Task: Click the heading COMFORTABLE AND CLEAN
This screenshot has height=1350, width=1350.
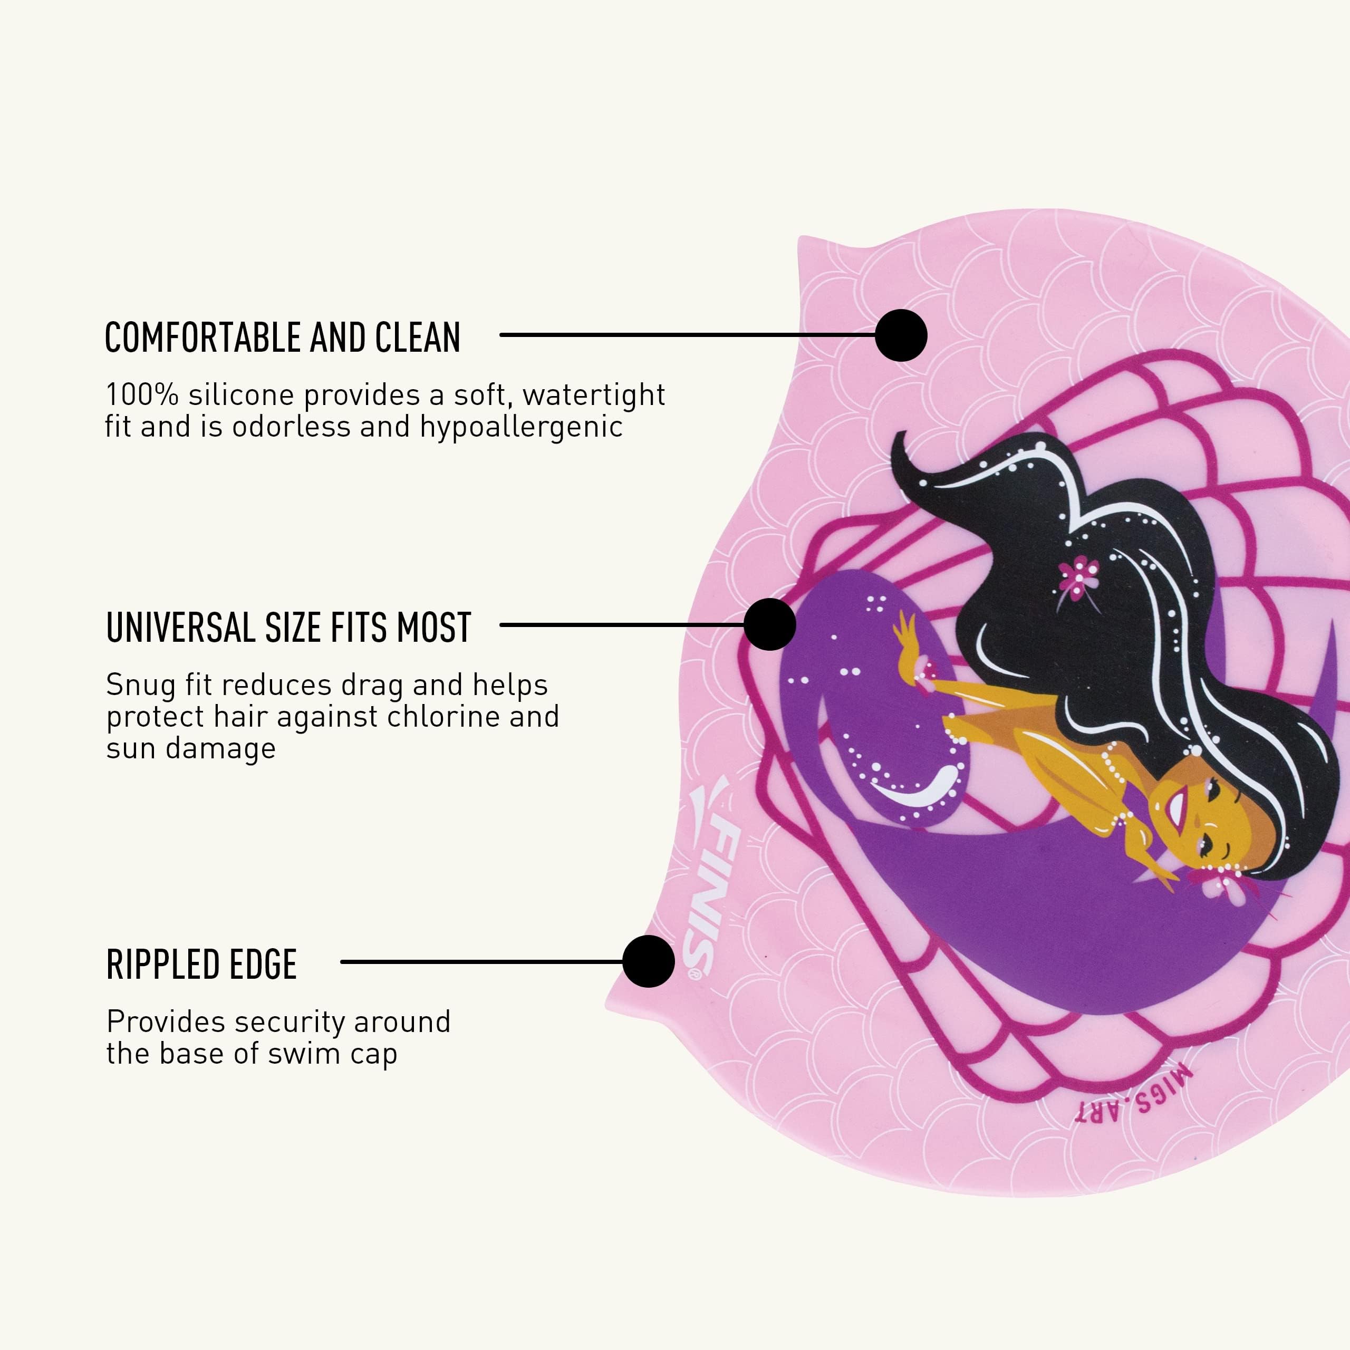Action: (x=282, y=337)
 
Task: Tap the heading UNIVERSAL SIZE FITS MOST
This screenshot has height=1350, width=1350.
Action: (x=288, y=628)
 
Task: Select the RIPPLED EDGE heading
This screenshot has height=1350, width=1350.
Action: (x=201, y=965)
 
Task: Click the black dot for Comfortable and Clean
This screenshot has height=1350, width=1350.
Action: (x=901, y=335)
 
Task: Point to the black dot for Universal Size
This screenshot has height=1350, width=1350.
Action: (x=769, y=624)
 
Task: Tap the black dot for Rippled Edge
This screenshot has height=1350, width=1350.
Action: (x=649, y=961)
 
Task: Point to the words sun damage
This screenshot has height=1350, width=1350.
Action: (x=191, y=748)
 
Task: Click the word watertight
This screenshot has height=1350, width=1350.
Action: (x=593, y=396)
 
